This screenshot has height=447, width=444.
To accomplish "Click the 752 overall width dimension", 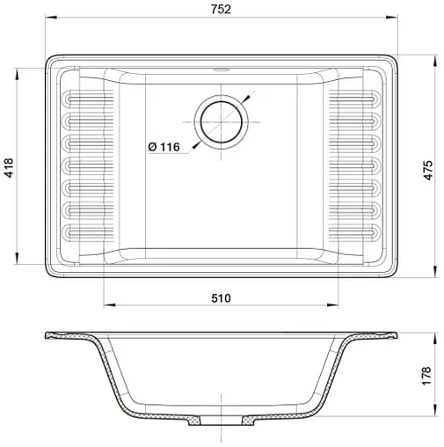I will (x=221, y=11).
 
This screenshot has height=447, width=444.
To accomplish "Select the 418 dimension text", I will (x=10, y=168).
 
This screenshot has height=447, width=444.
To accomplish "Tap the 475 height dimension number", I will (x=429, y=170).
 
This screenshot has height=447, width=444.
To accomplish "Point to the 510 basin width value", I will (x=220, y=298).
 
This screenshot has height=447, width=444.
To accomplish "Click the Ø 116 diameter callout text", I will (x=164, y=147).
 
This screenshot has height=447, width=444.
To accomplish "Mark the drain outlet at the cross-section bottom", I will (x=220, y=423).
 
